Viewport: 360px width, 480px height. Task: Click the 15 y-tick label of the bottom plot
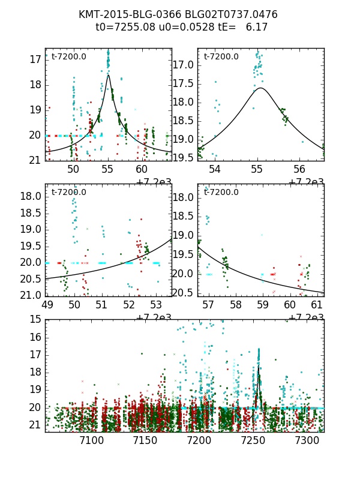[x=35, y=319]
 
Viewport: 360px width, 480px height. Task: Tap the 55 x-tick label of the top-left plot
[x=107, y=169]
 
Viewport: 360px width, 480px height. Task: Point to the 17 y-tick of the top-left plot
[x=35, y=59]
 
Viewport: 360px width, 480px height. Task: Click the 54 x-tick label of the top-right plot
[x=215, y=169]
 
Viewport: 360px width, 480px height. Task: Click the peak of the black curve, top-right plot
[x=260, y=88]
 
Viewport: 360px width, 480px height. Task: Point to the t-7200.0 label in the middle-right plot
[x=221, y=192]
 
